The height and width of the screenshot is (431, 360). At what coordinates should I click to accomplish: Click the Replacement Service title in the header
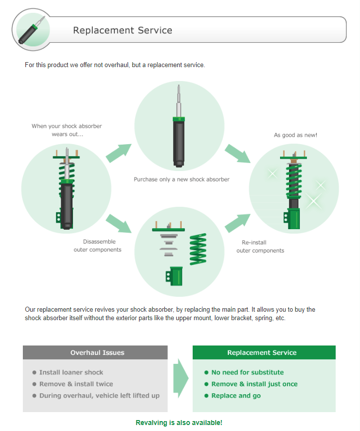pyautogui.click(x=123, y=30)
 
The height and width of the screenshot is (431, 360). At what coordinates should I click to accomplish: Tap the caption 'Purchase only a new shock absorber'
pyautogui.click(x=181, y=179)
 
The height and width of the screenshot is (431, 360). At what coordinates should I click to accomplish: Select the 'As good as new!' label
pyautogui.click(x=295, y=135)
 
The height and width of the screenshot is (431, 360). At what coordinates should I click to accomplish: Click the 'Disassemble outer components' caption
pyautogui.click(x=97, y=246)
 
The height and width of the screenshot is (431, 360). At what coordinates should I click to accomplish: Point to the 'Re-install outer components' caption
pyautogui.click(x=260, y=247)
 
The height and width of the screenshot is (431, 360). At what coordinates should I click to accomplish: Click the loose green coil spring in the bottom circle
pyautogui.click(x=198, y=249)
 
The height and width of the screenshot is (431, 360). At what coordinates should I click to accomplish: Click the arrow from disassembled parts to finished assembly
pyautogui.click(x=237, y=223)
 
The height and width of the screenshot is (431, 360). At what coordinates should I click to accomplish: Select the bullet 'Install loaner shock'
pyautogui.click(x=71, y=372)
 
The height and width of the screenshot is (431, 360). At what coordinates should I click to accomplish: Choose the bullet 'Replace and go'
pyautogui.click(x=236, y=396)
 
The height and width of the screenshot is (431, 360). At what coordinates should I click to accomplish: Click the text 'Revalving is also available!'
pyautogui.click(x=179, y=423)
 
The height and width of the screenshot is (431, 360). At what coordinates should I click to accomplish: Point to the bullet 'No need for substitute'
pyautogui.click(x=247, y=372)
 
